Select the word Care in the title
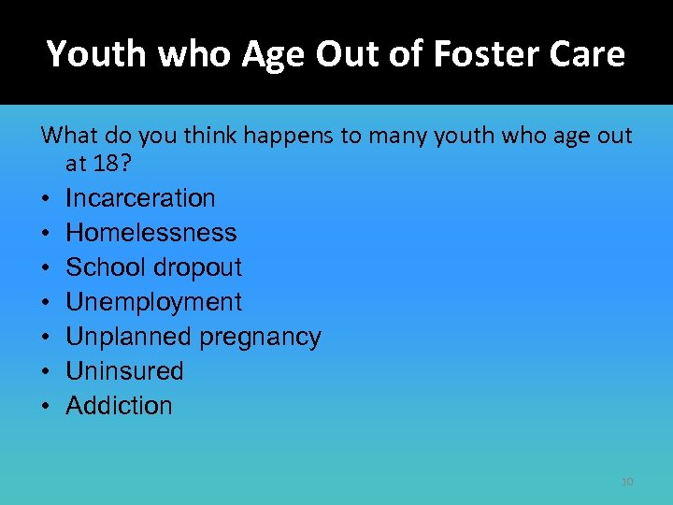589,54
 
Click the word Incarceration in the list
140,198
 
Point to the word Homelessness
151,233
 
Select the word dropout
197,267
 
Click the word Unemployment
153,302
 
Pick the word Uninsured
124,371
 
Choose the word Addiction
119,406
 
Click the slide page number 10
627,482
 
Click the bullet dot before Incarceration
45,199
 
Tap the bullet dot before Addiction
45,407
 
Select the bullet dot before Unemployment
45,303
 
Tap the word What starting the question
70,136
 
